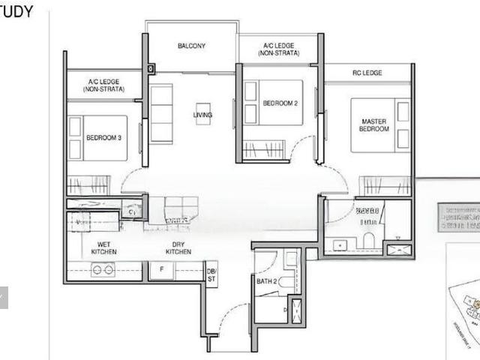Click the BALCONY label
(191, 46)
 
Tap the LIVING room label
(202, 115)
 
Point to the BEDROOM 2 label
(281, 103)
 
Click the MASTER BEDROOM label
(374, 125)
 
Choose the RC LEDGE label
(367, 73)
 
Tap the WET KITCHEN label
(104, 247)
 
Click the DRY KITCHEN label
(178, 247)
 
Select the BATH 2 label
(266, 282)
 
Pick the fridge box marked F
(160, 270)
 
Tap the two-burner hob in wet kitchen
(103, 270)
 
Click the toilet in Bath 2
(286, 283)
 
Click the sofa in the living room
(161, 113)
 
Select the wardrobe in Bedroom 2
(265, 150)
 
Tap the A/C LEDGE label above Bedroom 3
(106, 85)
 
